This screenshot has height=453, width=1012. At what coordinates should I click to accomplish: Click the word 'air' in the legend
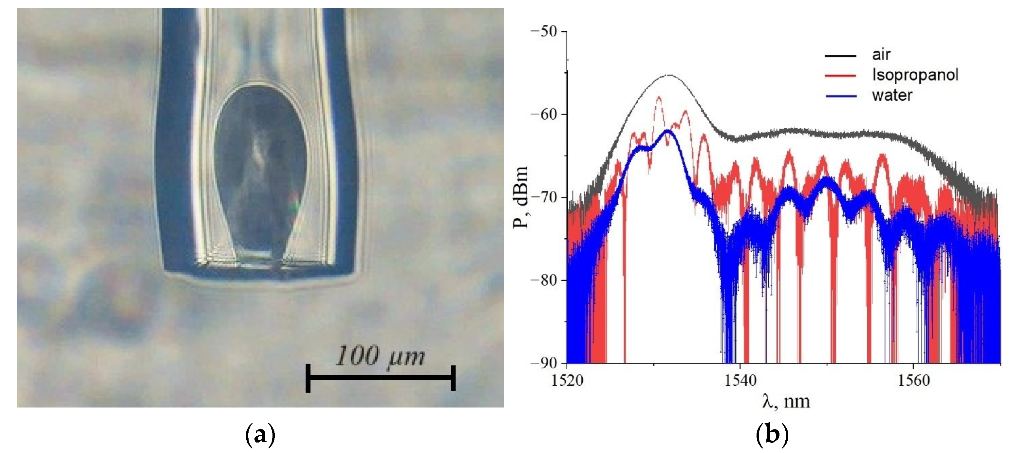pos(881,55)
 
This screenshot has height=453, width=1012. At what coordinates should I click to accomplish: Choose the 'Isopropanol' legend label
pos(915,75)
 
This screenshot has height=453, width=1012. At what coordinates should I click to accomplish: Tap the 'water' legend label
pos(892,95)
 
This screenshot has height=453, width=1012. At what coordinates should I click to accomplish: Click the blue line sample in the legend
pos(841,96)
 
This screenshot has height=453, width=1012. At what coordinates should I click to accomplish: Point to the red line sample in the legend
pos(841,75)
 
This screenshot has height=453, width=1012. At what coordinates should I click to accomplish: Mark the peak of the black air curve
pos(669,75)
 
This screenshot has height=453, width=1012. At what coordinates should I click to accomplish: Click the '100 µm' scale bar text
pos(380,356)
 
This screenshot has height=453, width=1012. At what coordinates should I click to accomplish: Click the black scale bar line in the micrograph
pos(380,378)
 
